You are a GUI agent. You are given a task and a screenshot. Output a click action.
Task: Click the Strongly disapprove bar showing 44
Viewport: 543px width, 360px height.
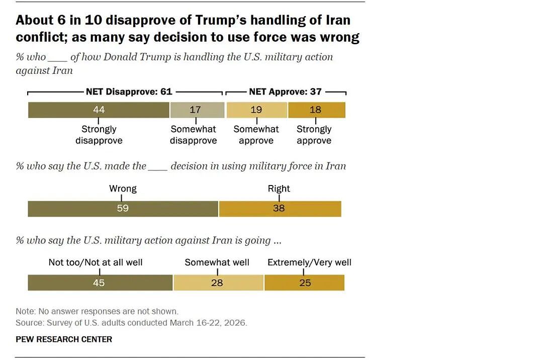pos(99,110)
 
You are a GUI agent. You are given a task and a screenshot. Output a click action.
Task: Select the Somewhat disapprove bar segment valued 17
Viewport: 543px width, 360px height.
pos(198,110)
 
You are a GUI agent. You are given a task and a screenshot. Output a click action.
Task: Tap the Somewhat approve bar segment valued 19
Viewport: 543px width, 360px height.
pos(256,110)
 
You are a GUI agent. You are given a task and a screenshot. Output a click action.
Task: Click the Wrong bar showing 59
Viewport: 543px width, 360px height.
pos(123,209)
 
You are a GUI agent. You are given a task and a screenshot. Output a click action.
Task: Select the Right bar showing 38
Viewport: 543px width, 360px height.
pos(280,209)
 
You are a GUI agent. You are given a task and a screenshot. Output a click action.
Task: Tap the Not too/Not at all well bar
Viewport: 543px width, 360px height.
pos(100,283)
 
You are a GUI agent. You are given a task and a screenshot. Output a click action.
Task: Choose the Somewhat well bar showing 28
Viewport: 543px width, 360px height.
pos(219,283)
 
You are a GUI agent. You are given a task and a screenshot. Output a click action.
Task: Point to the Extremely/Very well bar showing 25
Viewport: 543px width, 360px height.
pos(304,283)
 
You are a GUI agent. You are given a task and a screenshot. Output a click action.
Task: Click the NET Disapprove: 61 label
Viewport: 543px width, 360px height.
pos(129,92)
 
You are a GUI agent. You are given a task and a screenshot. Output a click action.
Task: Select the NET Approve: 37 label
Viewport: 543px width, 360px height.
pos(285,92)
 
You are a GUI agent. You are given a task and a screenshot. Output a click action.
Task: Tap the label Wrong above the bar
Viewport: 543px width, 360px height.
pos(123,189)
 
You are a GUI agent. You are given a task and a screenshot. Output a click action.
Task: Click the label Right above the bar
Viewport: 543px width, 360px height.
pos(279,189)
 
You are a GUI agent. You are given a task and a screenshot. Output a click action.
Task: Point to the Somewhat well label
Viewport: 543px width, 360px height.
pos(217,262)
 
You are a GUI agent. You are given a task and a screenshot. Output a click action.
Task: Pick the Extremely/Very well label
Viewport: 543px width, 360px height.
pos(309,262)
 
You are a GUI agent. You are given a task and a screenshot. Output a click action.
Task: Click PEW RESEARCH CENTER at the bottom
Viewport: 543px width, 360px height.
pos(64,339)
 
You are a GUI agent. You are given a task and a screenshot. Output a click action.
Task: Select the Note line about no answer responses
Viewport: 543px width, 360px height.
pos(97,311)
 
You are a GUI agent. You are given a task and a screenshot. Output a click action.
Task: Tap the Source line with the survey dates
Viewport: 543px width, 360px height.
pos(131,323)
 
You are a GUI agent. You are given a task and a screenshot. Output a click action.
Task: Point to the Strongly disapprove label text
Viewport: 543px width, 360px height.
pos(99,135)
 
